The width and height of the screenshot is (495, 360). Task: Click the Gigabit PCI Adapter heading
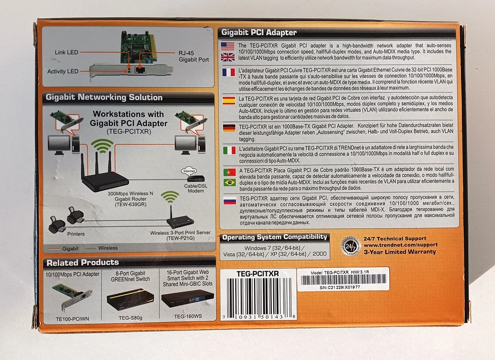(259, 32)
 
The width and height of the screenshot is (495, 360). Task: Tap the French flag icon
(228, 72)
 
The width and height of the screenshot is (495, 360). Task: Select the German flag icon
(228, 127)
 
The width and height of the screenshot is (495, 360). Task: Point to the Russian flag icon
(228, 200)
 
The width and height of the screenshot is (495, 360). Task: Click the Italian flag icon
(228, 150)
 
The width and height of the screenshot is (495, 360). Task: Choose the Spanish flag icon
(228, 100)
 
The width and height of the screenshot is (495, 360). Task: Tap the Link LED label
(67, 53)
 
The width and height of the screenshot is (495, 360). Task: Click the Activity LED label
(63, 71)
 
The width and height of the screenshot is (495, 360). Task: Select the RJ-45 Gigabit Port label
(194, 56)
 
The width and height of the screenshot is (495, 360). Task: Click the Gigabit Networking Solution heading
(104, 97)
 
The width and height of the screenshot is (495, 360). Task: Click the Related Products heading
(82, 263)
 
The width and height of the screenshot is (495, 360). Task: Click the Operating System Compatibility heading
(275, 237)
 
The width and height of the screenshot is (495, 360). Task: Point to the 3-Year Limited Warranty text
(399, 252)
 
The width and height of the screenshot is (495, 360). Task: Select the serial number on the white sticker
(333, 287)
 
